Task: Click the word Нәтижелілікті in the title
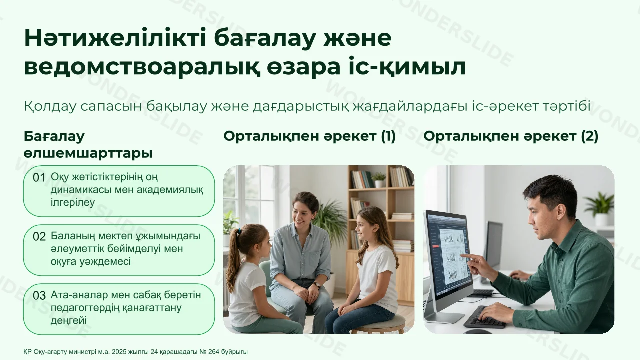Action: tap(115, 38)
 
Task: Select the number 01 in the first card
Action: tap(39, 177)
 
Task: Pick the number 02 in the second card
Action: tap(39, 237)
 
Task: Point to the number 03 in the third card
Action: tap(39, 295)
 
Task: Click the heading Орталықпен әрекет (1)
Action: tap(309, 136)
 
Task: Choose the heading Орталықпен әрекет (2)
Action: tap(511, 136)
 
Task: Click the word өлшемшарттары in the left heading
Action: tap(88, 153)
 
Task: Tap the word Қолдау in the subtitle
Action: tap(50, 106)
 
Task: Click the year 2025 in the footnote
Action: tap(119, 351)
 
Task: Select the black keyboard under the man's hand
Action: tap(485, 317)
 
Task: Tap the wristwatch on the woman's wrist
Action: tap(316, 285)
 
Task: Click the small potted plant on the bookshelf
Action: tap(379, 179)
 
